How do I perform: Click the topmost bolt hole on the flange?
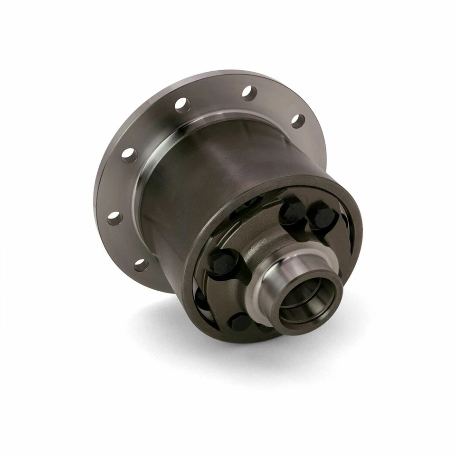[x=249, y=92]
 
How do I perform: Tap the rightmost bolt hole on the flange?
[x=298, y=121]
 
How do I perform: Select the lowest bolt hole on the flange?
[x=141, y=264]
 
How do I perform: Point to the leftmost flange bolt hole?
[x=114, y=218]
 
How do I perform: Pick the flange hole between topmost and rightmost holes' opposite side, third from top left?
[x=129, y=155]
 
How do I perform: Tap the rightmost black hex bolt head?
[x=323, y=217]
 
